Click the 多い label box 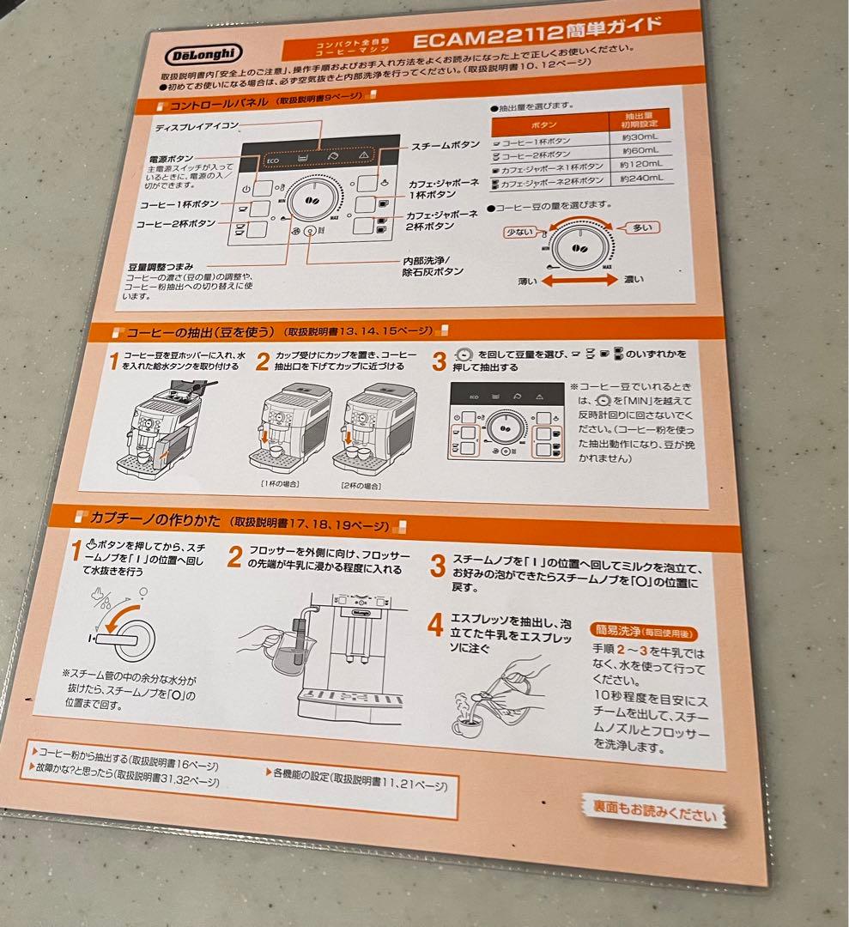[x=642, y=227]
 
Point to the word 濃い [x=634, y=279]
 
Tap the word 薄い [x=529, y=282]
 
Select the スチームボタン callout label [x=446, y=146]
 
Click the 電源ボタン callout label [x=171, y=160]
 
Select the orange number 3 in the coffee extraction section [x=439, y=360]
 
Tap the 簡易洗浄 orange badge [x=640, y=630]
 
